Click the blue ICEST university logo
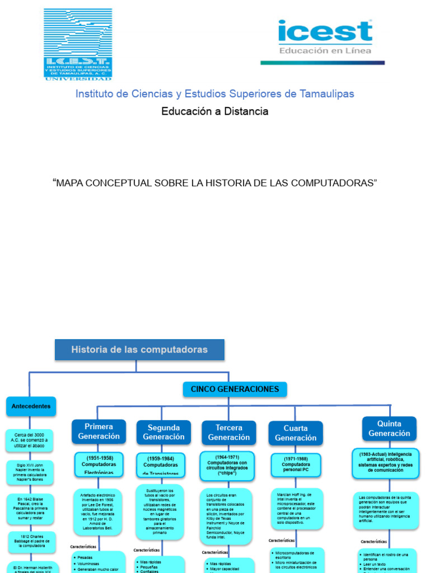tap(78, 44)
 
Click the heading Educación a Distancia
tap(215, 111)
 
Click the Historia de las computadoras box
tap(139, 350)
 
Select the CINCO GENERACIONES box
tap(235, 389)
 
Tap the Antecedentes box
tap(31, 406)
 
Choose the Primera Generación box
tap(99, 431)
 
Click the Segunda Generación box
tap(163, 432)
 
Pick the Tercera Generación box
tap(228, 433)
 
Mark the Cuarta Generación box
tap(295, 433)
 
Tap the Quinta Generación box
tap(389, 429)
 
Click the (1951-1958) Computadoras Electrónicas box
tap(99, 464)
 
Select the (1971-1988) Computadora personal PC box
tap(295, 464)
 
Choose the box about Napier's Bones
tap(30, 472)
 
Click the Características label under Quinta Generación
tap(373, 542)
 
